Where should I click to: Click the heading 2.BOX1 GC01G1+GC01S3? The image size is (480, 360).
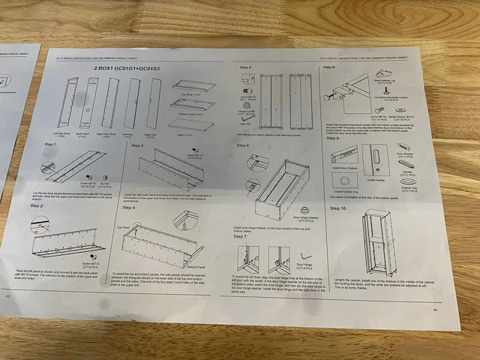pyautogui.click(x=127, y=68)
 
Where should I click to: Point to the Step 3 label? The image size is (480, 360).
pyautogui.click(x=137, y=145)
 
